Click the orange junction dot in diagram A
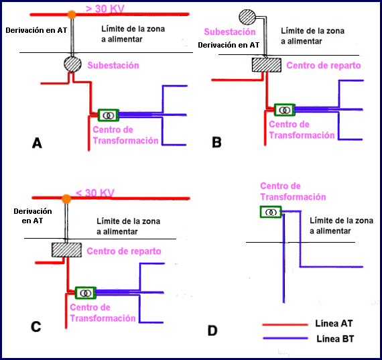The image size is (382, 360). click(72, 15)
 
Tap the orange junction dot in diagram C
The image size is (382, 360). click(66, 199)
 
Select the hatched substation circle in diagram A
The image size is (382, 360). click(72, 64)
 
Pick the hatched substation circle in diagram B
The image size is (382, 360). click(247, 17)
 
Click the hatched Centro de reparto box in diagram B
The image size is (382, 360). click(267, 65)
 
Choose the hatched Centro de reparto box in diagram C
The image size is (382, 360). click(66, 250)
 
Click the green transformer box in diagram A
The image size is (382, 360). click(109, 115)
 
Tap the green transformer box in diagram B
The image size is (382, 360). click(284, 110)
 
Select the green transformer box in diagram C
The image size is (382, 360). click(86, 293)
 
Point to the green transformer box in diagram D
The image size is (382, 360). click(271, 212)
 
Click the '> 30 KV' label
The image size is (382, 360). click(105, 9)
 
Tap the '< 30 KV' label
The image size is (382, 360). click(95, 193)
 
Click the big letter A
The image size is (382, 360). click(37, 143)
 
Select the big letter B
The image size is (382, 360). click(217, 142)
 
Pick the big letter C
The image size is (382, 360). click(36, 326)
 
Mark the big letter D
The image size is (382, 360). click(212, 331)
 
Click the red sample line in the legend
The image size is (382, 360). click(285, 324)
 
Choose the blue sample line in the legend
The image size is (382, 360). click(285, 339)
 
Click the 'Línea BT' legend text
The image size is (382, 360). click(335, 339)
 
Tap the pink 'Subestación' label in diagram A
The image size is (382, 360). click(113, 65)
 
